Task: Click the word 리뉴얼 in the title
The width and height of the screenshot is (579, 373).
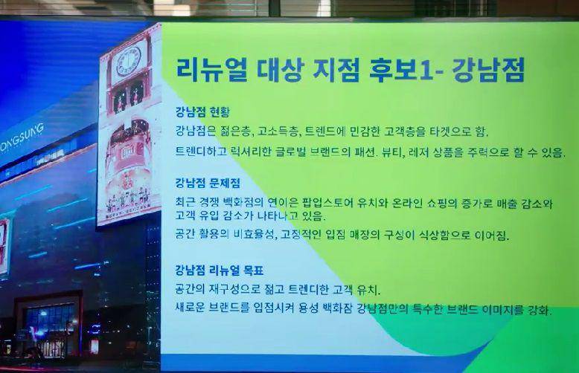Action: click(x=211, y=70)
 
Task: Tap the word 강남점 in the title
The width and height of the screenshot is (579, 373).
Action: click(x=487, y=70)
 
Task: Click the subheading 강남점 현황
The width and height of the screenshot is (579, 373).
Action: click(x=202, y=111)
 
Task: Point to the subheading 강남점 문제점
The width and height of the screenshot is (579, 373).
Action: click(x=208, y=183)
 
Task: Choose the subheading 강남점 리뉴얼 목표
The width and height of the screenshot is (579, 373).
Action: click(x=220, y=271)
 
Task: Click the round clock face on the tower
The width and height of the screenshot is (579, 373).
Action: click(x=129, y=62)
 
